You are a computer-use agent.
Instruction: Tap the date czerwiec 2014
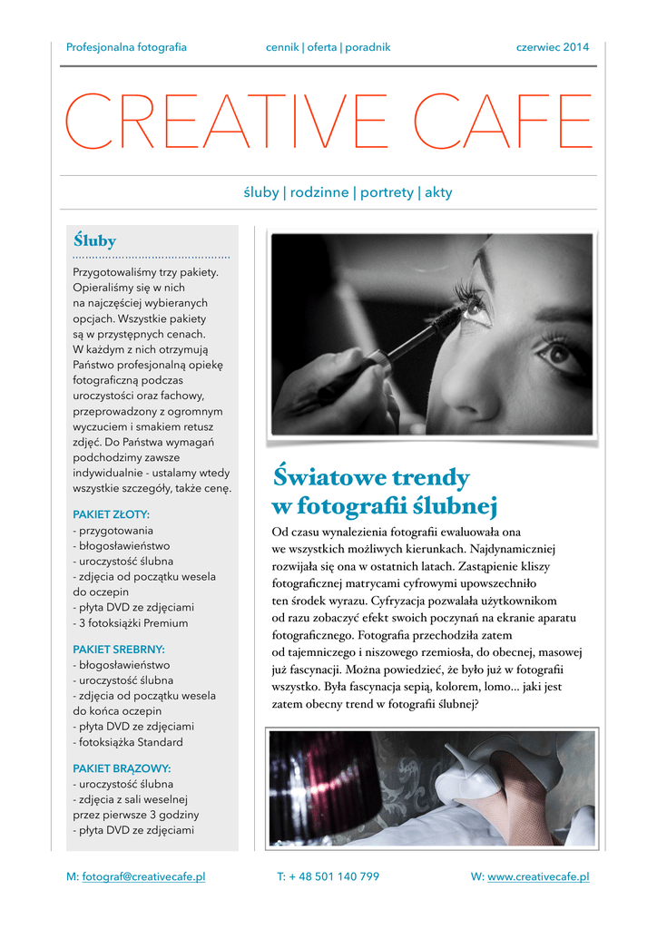click(x=552, y=47)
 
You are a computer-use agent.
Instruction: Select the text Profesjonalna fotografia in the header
click(x=126, y=47)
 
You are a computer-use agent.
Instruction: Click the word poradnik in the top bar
click(x=368, y=47)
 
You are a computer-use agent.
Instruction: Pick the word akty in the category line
click(x=438, y=192)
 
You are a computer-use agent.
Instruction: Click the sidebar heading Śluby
click(x=94, y=241)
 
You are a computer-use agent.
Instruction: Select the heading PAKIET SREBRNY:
click(x=119, y=649)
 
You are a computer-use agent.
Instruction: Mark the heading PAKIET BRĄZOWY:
click(x=122, y=768)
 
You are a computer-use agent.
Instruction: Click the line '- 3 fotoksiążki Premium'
click(x=131, y=623)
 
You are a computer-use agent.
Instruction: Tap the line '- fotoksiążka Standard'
click(x=128, y=742)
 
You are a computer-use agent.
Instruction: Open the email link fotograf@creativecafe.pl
click(x=143, y=876)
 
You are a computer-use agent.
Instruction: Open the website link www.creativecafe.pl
click(x=538, y=876)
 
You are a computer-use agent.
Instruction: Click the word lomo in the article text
click(x=491, y=687)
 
